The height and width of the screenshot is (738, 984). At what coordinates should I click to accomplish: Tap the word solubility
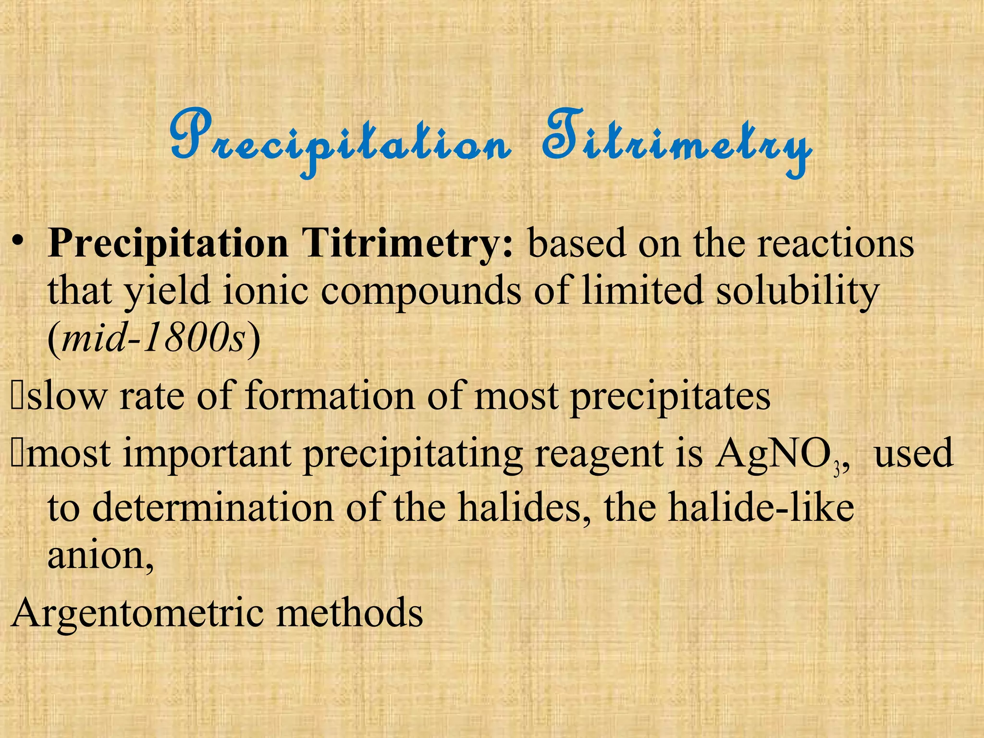(798, 291)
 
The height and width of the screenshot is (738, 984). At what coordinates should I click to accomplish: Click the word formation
(330, 396)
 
